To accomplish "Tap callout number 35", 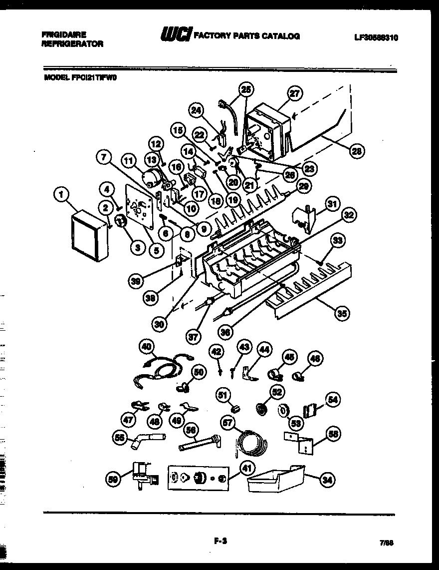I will (x=341, y=313).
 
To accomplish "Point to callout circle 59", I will (x=114, y=480).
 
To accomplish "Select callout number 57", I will (x=228, y=424).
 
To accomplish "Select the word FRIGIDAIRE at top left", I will (x=63, y=34).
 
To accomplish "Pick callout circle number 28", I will (x=357, y=152).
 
